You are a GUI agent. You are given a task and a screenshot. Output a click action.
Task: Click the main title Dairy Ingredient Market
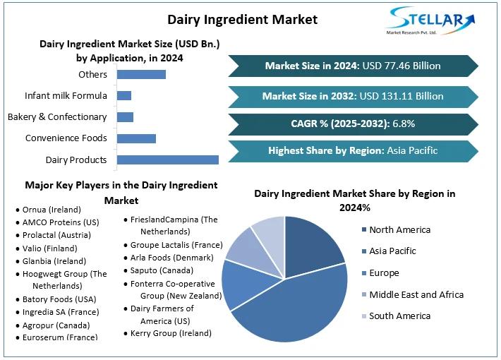click(x=242, y=19)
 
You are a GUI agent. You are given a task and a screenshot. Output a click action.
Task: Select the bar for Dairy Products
click(x=167, y=160)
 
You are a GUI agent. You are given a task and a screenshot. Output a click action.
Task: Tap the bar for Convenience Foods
click(x=136, y=138)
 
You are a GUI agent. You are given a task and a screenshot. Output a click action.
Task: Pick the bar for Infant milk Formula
click(x=124, y=95)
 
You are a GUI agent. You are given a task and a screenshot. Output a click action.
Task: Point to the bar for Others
click(x=141, y=74)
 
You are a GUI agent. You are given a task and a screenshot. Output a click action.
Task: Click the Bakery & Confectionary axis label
click(x=57, y=116)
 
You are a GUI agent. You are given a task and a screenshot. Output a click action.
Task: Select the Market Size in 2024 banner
click(x=353, y=66)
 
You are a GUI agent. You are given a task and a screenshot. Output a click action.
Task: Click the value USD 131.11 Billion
click(x=403, y=96)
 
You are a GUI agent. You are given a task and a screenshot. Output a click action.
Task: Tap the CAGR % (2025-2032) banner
click(x=353, y=124)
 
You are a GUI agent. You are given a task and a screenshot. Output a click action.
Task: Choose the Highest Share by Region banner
click(x=353, y=150)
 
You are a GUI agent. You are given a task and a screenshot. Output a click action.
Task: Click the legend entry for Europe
click(x=384, y=273)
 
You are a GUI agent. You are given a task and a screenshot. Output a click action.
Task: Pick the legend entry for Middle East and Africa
click(x=416, y=294)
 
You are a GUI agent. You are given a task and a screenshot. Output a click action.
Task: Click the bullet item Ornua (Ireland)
click(x=52, y=210)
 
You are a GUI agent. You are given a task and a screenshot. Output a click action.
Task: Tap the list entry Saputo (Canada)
click(x=162, y=270)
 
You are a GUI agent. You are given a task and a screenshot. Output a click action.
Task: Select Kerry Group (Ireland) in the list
click(x=171, y=332)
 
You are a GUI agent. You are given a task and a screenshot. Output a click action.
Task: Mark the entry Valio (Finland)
click(x=50, y=248)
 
